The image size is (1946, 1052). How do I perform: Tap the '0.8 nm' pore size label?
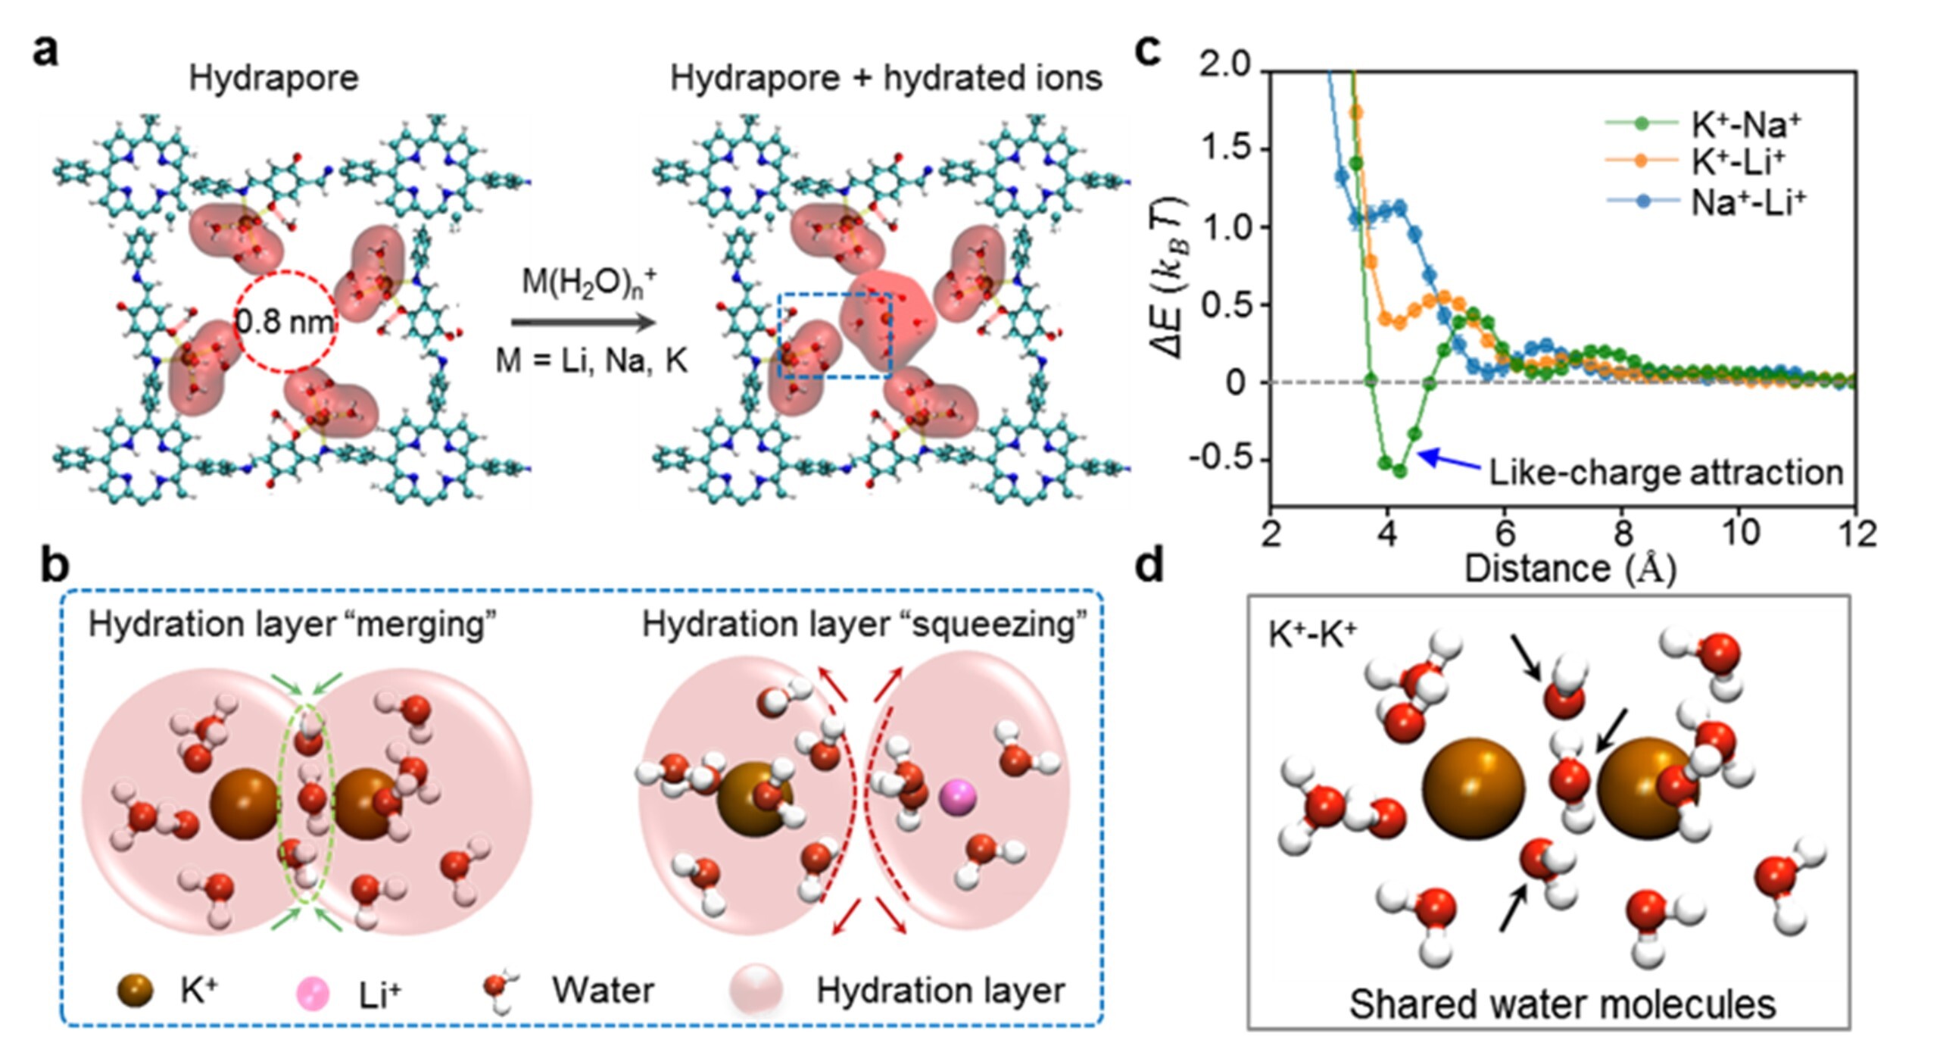click(285, 322)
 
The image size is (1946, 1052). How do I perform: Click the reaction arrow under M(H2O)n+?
click(583, 323)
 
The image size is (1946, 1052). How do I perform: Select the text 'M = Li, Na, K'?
click(591, 361)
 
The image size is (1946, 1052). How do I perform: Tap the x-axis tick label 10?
click(1740, 534)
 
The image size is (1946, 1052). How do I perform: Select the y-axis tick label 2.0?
click(1224, 65)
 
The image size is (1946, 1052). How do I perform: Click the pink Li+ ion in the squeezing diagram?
click(958, 798)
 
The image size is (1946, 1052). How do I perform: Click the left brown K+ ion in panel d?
click(1473, 788)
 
